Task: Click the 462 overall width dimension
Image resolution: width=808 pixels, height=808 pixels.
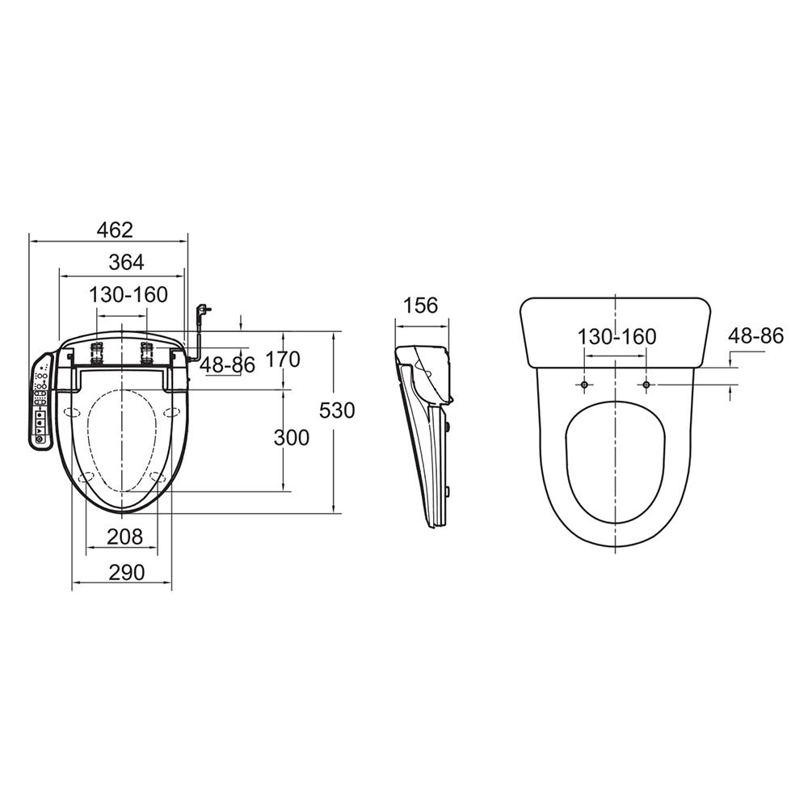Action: coord(114,230)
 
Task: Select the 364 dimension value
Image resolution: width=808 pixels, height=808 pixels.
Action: coord(126,263)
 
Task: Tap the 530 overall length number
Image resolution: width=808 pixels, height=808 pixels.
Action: coord(337,410)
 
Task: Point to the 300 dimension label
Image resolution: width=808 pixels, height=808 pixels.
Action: coord(291,438)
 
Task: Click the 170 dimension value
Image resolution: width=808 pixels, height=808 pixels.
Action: coord(282,360)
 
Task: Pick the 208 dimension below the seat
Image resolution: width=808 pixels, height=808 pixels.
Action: coord(125,537)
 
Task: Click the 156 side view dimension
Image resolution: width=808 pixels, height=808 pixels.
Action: coord(420,305)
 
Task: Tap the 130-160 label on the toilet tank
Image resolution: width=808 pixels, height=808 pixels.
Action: coord(617,336)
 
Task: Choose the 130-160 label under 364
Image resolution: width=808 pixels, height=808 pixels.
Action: coord(128,295)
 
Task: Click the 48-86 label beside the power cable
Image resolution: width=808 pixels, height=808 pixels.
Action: coord(227,365)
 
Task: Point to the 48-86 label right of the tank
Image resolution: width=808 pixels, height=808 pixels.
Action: coord(755,336)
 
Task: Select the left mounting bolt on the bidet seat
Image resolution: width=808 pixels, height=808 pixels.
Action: coord(97,352)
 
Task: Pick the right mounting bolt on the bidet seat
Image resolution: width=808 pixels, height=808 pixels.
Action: coord(147,352)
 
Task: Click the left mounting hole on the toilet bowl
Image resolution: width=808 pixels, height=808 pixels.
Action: coord(585,385)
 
